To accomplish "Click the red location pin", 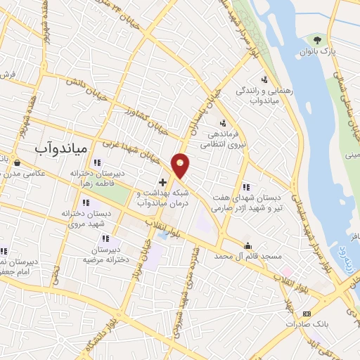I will tap(181, 165).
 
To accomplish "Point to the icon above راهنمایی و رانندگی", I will tap(264, 79).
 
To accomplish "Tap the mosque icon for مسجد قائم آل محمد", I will tap(247, 246).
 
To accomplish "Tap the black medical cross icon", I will tap(162, 182).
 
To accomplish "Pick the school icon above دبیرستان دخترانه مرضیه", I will tap(105, 238).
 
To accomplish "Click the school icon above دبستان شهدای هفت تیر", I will tap(245, 187).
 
